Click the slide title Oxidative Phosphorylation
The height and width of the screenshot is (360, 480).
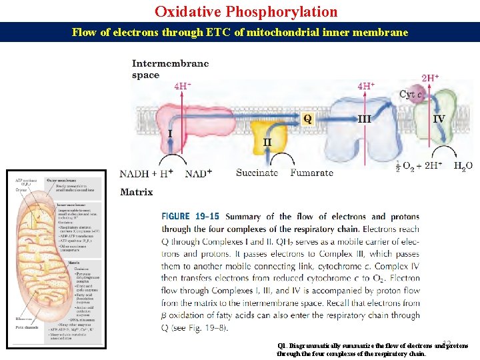point(246,11)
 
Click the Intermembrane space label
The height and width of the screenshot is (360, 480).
point(170,69)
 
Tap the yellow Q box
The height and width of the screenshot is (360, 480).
point(307,119)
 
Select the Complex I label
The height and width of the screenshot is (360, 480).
point(170,134)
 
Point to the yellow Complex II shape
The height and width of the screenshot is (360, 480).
point(268,136)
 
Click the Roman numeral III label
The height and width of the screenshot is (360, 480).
point(364,119)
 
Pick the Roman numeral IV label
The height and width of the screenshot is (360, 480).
point(439,119)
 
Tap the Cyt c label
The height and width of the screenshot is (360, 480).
point(410,95)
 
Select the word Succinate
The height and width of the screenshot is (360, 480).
point(257,173)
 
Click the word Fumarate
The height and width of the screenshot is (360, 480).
point(311,173)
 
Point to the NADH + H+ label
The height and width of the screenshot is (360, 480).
point(146,173)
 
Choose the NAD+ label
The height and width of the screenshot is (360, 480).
point(199,173)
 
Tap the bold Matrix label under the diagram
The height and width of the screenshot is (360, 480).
point(136,192)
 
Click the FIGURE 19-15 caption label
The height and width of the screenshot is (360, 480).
point(189,217)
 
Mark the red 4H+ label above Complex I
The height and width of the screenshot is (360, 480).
point(183,86)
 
